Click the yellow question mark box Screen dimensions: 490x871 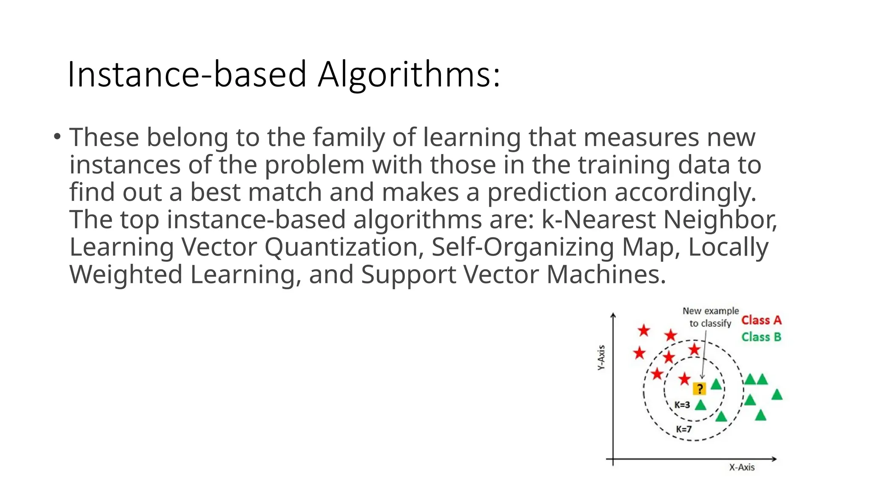tap(699, 388)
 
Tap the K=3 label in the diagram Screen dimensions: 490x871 tap(682, 405)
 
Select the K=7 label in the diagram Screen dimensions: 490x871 tap(684, 429)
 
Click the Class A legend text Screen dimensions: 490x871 tap(761, 320)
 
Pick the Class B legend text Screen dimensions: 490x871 tap(761, 337)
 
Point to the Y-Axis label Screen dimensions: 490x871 tap(601, 357)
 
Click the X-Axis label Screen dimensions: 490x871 tap(742, 467)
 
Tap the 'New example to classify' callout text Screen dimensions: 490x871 tap(711, 317)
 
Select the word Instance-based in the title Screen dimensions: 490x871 tap(187, 74)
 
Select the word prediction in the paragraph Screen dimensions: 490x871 tap(547, 192)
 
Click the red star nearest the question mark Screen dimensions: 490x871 tap(684, 379)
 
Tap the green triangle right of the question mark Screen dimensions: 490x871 tap(716, 385)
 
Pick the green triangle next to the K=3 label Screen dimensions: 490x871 tap(700, 405)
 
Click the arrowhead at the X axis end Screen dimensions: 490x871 tap(774, 459)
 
